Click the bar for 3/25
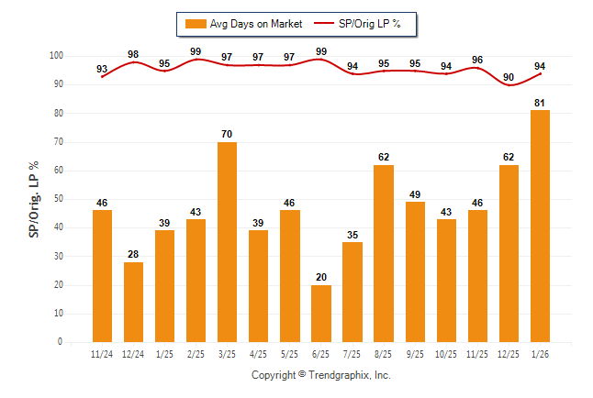227,242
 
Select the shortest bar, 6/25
320,313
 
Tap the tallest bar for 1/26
540,226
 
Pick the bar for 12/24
133,302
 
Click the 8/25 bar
384,253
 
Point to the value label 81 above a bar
540,103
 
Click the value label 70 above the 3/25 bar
227,134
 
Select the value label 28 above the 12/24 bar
133,254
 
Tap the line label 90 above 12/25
509,77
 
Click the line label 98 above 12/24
133,54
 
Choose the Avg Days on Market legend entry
243,23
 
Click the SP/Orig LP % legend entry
359,23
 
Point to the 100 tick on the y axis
56,56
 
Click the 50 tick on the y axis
59,199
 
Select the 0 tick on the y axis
61,342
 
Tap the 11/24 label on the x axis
102,354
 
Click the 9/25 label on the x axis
415,354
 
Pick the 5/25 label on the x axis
289,354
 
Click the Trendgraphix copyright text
321,375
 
